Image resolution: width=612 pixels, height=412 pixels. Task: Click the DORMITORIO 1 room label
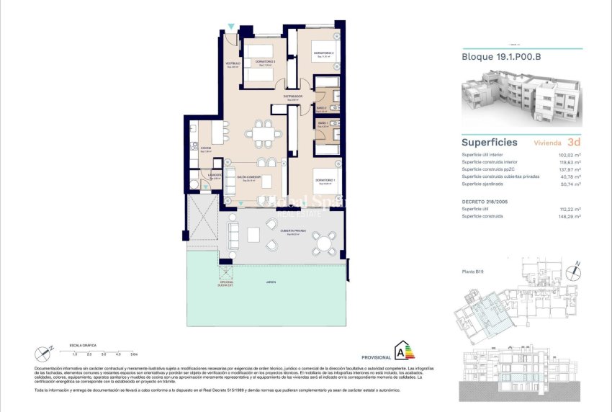coord(323,179)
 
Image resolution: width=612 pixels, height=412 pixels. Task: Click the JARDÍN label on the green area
coord(270,282)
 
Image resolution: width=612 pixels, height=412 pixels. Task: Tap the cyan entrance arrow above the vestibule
coord(230,27)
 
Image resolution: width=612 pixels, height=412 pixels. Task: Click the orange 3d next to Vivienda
coord(574,142)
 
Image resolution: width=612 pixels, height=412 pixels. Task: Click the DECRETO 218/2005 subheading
coord(485,201)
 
